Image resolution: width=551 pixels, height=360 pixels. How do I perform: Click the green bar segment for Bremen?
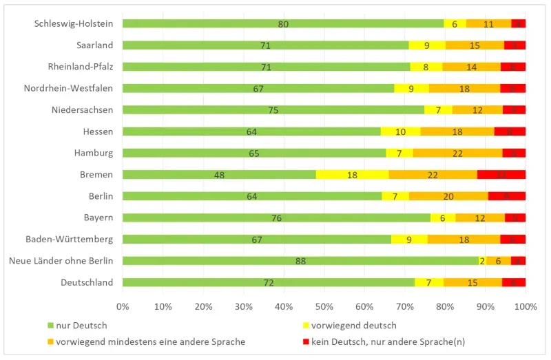tap(219, 175)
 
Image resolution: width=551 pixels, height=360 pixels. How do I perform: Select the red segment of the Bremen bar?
tap(501, 175)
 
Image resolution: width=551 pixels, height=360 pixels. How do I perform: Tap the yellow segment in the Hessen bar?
tap(400, 131)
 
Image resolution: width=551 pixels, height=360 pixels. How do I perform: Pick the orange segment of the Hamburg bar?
tap(457, 153)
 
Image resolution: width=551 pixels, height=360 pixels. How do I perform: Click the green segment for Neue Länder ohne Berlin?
tap(300, 261)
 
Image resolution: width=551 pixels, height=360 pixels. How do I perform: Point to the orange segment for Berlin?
tap(448, 196)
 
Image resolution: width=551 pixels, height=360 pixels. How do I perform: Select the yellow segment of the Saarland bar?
tap(427, 45)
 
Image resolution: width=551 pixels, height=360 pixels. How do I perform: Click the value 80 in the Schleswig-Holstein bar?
tap(283, 24)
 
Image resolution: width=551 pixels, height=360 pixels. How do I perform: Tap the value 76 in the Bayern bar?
tap(276, 218)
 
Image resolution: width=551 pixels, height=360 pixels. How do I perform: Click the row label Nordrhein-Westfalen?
tap(68, 88)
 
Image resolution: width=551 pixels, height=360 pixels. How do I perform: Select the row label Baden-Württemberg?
tap(69, 240)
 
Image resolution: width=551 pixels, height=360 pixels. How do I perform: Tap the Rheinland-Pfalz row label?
tap(80, 67)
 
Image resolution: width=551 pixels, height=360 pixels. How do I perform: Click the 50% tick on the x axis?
tap(324, 305)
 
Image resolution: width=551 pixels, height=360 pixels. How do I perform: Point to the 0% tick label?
tap(123, 305)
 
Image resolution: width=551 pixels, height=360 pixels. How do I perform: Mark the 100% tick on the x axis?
tap(525, 305)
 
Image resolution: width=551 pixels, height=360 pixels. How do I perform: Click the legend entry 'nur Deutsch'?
tap(79, 325)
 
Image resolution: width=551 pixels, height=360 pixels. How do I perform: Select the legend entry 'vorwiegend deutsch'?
tap(358, 325)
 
